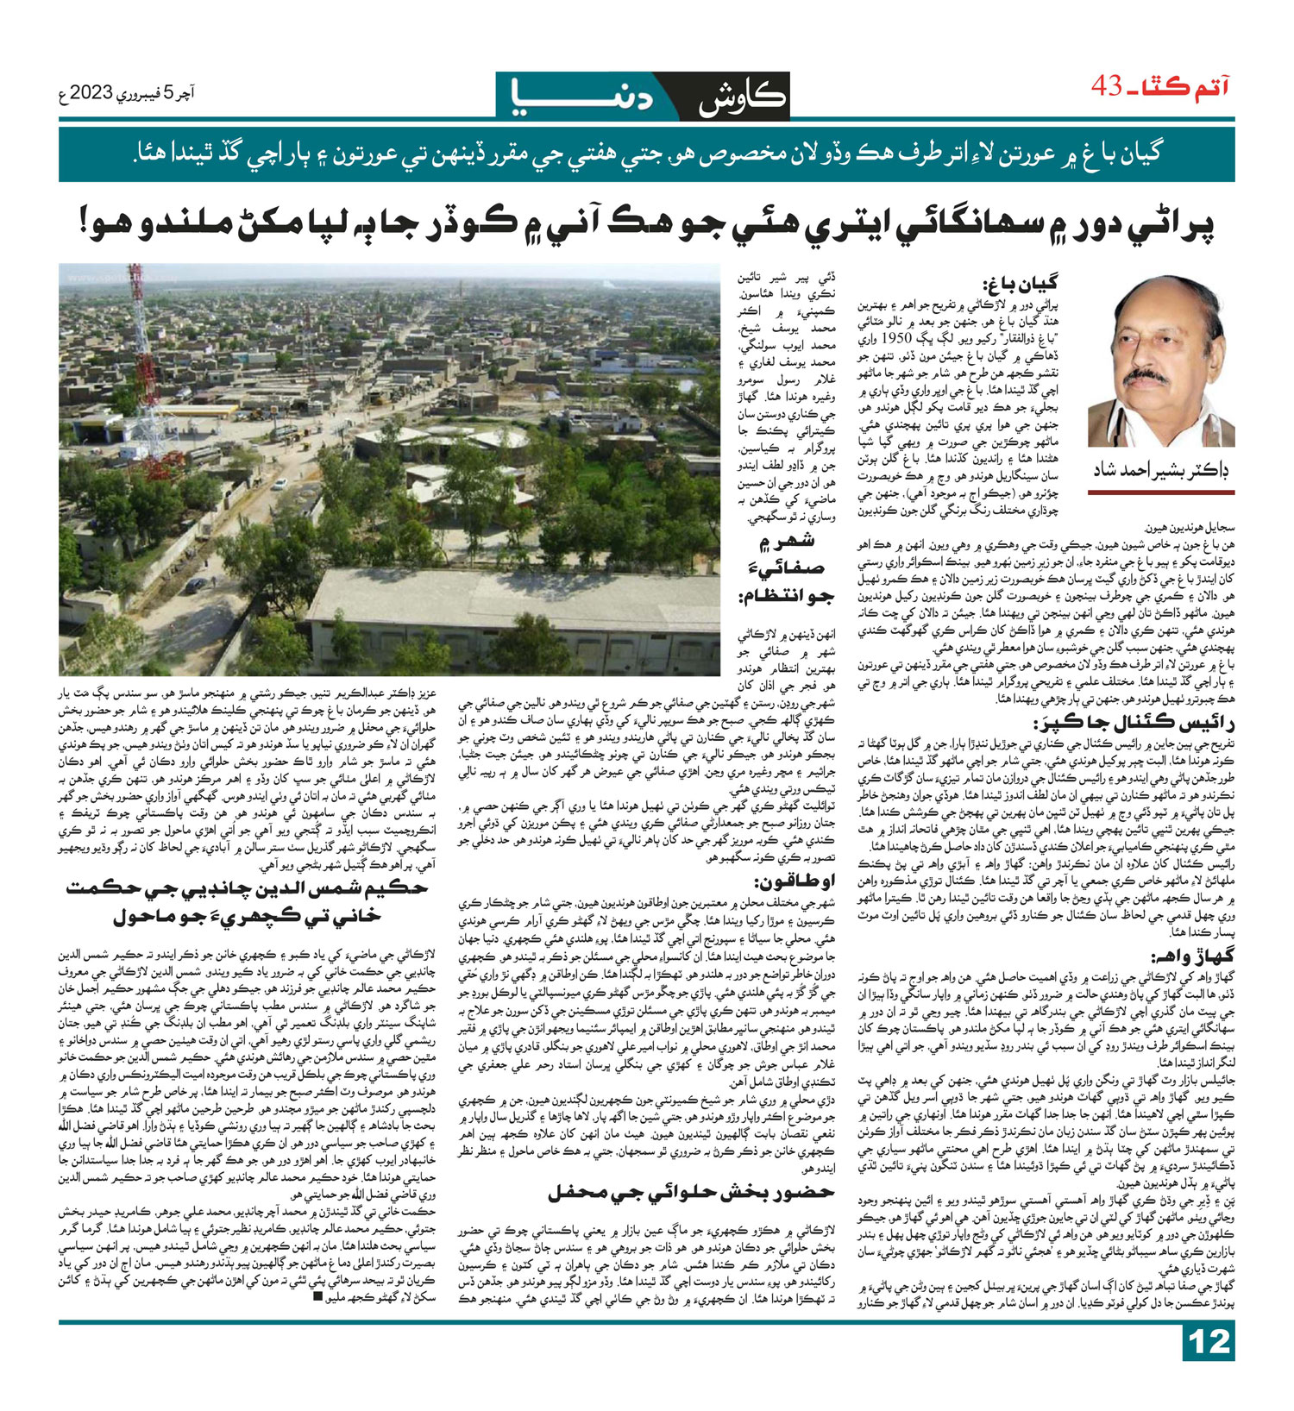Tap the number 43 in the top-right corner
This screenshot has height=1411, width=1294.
(1107, 86)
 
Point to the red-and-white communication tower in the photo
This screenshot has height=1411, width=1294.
(136, 345)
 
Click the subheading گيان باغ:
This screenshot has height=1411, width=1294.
(1019, 284)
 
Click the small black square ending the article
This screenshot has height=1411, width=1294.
(317, 1320)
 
